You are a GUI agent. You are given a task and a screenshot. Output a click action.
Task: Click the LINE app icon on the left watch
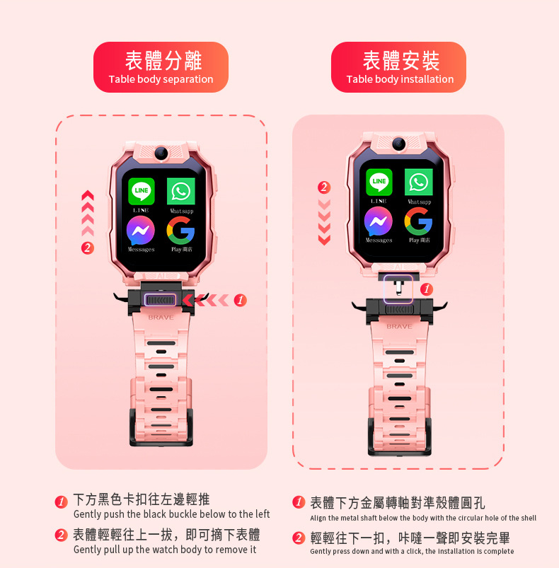pyautogui.click(x=142, y=191)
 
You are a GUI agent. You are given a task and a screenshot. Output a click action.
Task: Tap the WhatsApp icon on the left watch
pyautogui.click(x=181, y=191)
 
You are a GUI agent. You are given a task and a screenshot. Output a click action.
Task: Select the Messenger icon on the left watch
pyautogui.click(x=141, y=231)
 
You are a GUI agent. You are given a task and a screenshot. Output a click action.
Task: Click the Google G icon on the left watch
pyautogui.click(x=181, y=231)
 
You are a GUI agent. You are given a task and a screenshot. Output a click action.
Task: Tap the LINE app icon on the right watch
pyautogui.click(x=379, y=182)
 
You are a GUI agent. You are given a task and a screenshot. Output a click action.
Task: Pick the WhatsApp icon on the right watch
pyautogui.click(x=419, y=182)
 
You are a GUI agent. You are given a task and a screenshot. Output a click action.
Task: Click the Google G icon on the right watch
pyautogui.click(x=419, y=221)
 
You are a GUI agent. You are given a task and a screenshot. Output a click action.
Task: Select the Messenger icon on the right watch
pyautogui.click(x=379, y=221)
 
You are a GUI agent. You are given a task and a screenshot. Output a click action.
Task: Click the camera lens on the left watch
pyautogui.click(x=161, y=152)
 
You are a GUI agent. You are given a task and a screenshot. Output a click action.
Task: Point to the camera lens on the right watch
pyautogui.click(x=398, y=144)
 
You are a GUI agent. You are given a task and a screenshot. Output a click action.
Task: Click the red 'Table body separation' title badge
pyautogui.click(x=161, y=67)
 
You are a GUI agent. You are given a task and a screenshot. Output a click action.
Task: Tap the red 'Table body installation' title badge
pyautogui.click(x=399, y=67)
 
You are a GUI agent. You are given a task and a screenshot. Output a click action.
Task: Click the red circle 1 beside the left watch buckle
pyautogui.click(x=241, y=301)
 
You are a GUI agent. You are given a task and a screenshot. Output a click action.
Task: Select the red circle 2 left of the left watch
pyautogui.click(x=87, y=248)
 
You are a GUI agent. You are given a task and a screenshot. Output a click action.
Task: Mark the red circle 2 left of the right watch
pyautogui.click(x=324, y=187)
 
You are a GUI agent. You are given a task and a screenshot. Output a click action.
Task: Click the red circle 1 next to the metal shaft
pyautogui.click(x=426, y=289)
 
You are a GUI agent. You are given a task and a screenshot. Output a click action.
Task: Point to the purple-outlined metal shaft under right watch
pyautogui.click(x=398, y=289)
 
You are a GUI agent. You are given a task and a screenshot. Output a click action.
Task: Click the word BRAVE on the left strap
pyautogui.click(x=161, y=318)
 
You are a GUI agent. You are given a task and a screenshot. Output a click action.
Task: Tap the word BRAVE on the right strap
pyautogui.click(x=399, y=327)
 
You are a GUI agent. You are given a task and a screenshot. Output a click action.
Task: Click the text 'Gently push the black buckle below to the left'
pyautogui.click(x=172, y=514)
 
